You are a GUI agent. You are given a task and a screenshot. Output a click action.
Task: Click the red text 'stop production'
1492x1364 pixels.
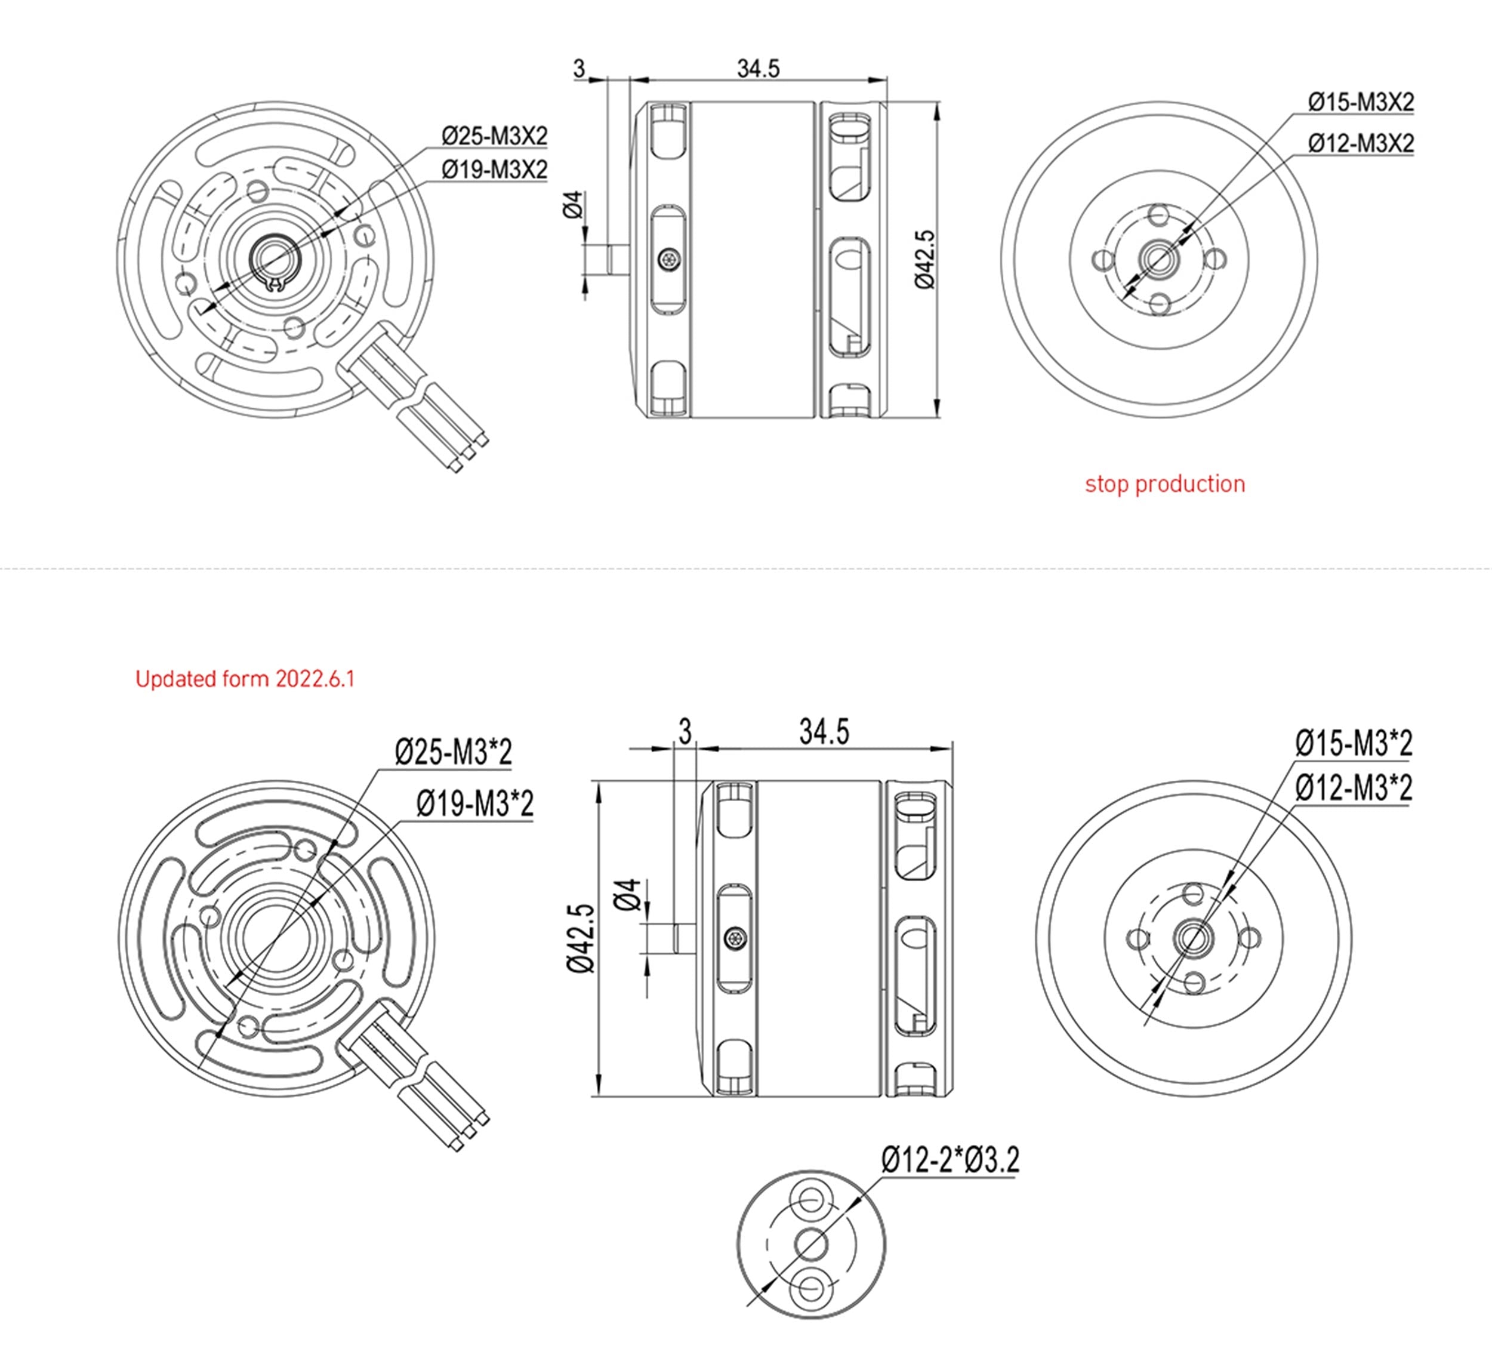click(x=1165, y=484)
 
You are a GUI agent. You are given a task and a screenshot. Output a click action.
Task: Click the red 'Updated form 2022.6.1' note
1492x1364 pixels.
click(x=245, y=679)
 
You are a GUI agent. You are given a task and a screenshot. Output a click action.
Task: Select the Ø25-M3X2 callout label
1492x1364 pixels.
click(x=494, y=136)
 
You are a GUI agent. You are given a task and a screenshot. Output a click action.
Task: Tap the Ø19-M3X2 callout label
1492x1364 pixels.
click(x=494, y=170)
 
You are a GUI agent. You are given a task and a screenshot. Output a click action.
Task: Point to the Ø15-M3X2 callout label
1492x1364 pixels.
click(x=1360, y=102)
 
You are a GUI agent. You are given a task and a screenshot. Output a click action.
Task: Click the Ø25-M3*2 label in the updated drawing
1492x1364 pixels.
click(x=453, y=753)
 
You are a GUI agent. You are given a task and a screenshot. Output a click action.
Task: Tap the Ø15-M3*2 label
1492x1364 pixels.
click(x=1353, y=743)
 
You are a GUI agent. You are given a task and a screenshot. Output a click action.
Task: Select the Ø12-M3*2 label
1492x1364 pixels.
click(x=1353, y=787)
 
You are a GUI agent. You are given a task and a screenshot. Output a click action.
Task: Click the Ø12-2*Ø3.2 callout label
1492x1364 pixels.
click(x=950, y=1160)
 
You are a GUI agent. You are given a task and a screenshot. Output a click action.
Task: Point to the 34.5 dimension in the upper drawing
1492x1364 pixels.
click(x=758, y=69)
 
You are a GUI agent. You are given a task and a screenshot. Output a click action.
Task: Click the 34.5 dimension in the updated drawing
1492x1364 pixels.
click(x=824, y=732)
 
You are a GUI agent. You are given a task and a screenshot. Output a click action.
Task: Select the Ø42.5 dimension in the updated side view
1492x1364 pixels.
click(x=581, y=938)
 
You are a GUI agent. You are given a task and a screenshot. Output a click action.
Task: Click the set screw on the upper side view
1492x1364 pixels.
click(x=669, y=259)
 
